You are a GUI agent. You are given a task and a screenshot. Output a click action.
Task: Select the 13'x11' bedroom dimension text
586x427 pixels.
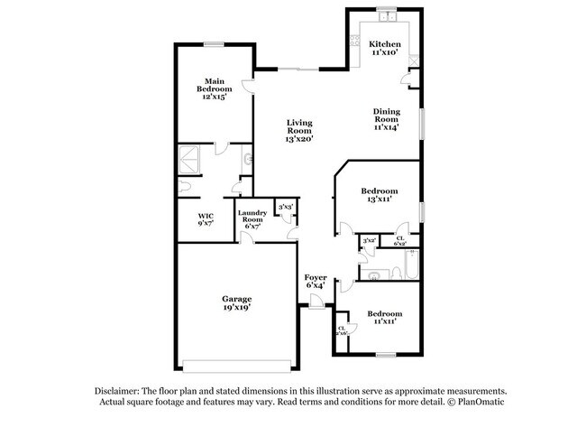pyautogui.click(x=380, y=200)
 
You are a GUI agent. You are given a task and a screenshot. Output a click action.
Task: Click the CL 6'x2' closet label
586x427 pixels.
pyautogui.click(x=400, y=241)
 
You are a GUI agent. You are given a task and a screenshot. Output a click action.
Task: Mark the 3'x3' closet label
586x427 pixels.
pyautogui.click(x=285, y=209)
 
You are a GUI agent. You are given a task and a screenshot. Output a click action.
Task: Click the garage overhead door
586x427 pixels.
pyautogui.click(x=236, y=366)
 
